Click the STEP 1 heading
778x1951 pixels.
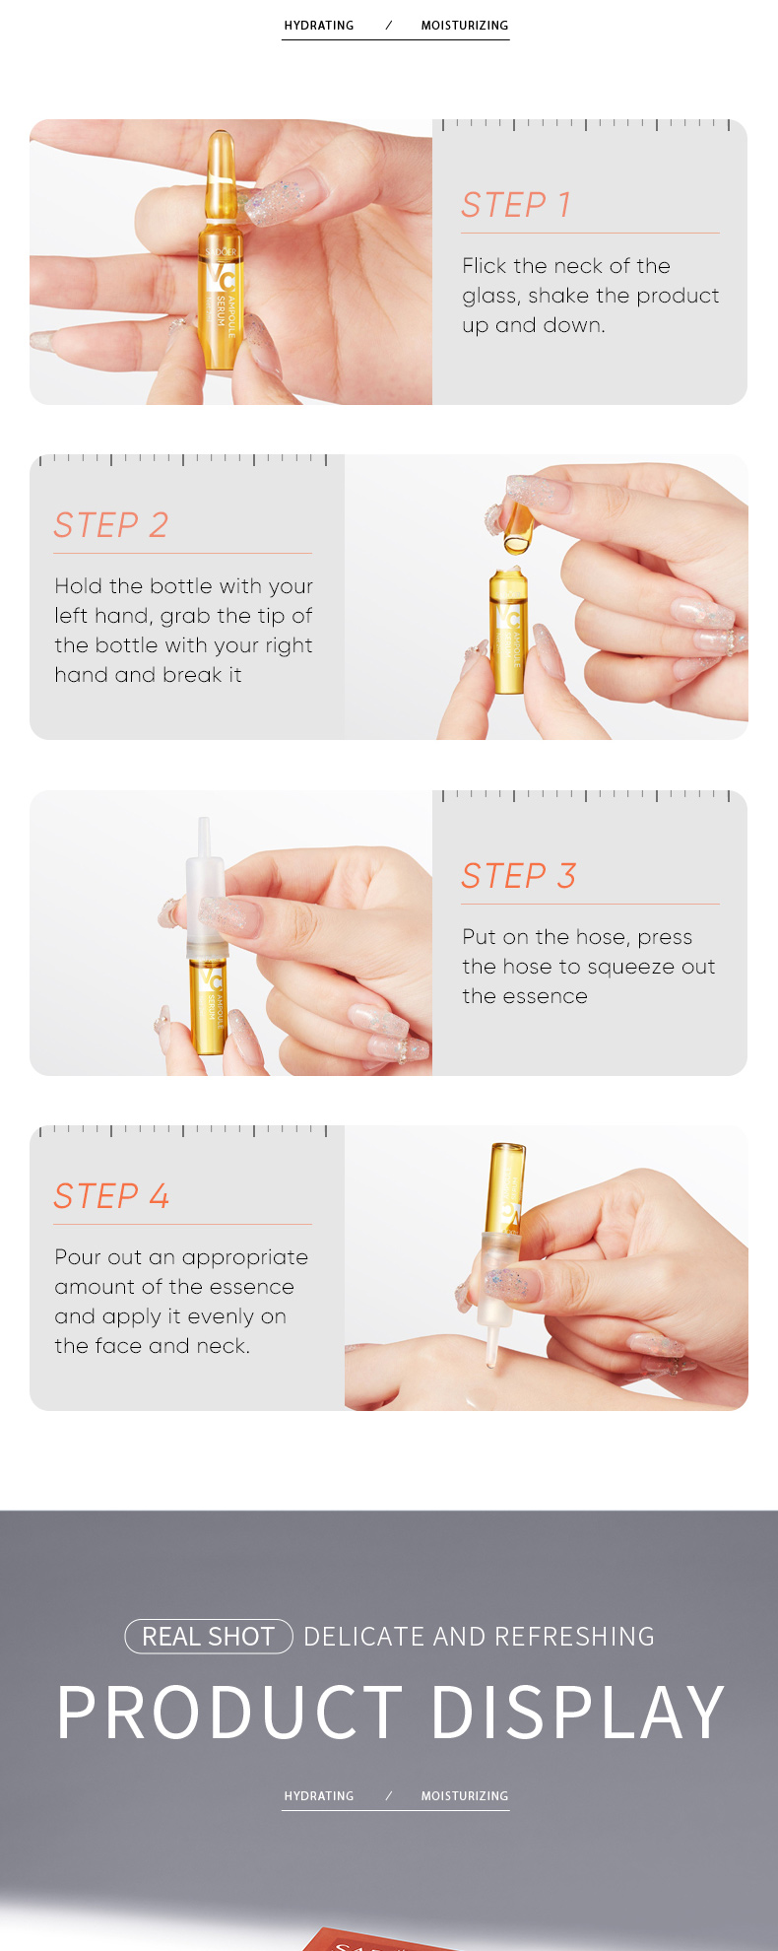(516, 205)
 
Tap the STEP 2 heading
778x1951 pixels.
(110, 525)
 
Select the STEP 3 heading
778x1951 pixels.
(518, 876)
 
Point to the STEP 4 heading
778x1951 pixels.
(111, 1196)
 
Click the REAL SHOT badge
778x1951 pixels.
(209, 1637)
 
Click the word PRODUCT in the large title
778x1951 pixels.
(229, 1713)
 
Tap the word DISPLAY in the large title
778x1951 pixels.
(578, 1713)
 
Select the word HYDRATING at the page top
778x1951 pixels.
(319, 26)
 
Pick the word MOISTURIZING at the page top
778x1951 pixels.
(465, 26)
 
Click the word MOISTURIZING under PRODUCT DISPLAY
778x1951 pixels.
(465, 1796)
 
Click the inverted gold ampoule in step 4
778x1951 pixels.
(507, 1187)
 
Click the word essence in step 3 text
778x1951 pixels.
(525, 996)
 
